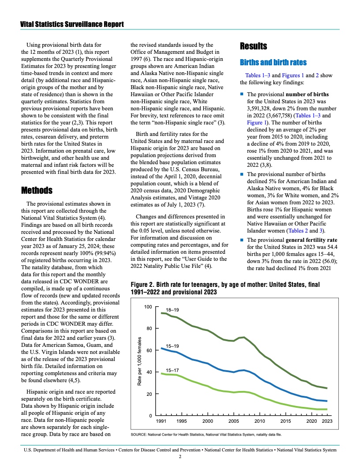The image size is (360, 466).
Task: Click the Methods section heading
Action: pos(37,191)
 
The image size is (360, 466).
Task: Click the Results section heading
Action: pos(253,46)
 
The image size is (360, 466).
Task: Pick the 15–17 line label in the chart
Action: pos(172,370)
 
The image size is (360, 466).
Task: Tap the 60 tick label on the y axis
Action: pos(149,350)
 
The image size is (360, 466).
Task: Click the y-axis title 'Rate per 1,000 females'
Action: pos(139,361)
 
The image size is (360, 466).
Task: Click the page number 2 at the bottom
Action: pos(180,457)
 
